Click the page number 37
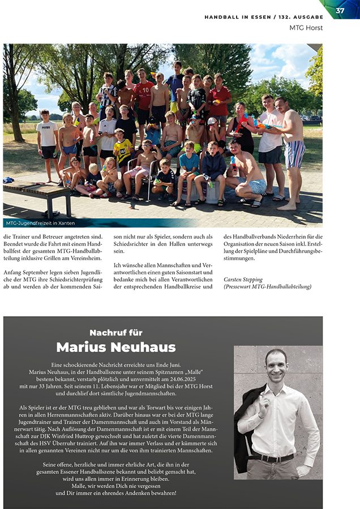(340, 11)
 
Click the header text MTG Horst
(306, 27)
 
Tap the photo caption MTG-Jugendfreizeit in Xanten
(41, 223)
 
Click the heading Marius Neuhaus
(116, 347)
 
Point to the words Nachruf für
(116, 333)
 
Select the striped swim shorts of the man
(294, 154)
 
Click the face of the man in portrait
(276, 366)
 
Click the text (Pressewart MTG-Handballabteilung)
(267, 287)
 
